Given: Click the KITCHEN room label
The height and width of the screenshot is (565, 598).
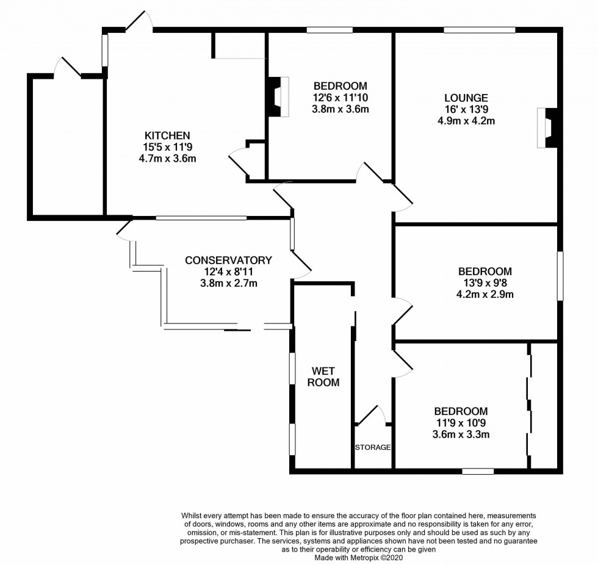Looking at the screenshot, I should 167,135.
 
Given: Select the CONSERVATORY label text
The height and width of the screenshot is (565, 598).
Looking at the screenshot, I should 228,261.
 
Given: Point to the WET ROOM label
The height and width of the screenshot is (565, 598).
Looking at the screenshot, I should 323,376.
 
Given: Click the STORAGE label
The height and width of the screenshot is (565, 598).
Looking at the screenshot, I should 373,447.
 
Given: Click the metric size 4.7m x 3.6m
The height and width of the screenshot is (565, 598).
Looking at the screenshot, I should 167,158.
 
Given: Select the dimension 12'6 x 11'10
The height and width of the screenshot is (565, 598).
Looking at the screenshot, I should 340,98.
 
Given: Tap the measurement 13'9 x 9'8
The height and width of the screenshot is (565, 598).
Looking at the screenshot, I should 485,283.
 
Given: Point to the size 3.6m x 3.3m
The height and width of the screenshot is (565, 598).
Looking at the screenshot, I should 461,434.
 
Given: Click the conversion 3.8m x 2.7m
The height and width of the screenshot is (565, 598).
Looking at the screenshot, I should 228,283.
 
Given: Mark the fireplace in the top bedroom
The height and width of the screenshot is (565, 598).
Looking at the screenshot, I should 278,96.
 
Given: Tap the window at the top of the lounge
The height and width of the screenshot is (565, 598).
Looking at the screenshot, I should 479,29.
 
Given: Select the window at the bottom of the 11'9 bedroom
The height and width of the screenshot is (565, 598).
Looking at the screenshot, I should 478,471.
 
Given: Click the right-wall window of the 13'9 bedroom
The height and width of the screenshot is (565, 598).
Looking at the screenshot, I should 560,276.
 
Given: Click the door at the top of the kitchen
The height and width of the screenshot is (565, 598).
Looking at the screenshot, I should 139,21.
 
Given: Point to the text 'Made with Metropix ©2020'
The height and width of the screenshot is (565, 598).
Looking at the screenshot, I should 358,558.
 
